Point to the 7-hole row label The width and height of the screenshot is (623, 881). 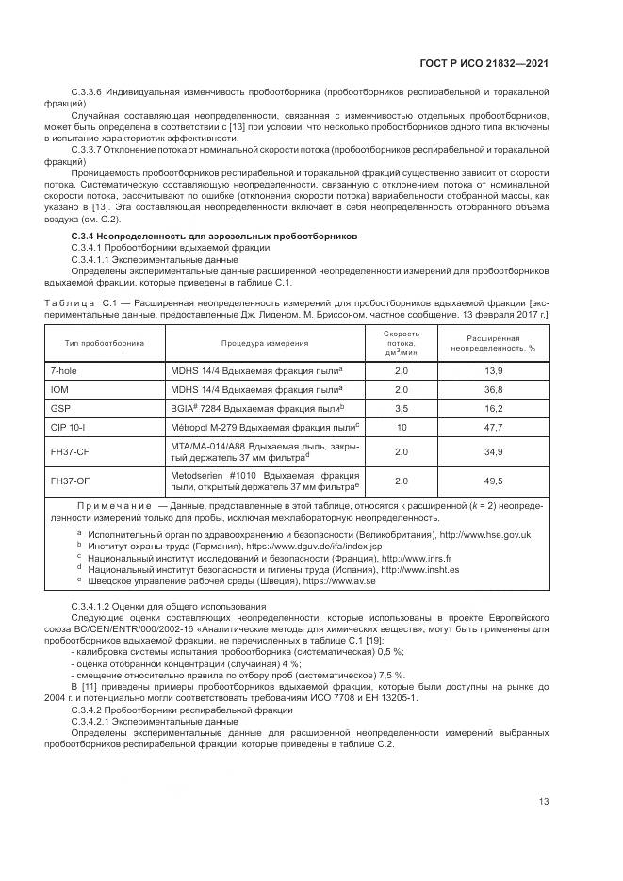[64, 371]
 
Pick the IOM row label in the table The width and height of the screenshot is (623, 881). [59, 389]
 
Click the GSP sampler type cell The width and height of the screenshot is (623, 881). [60, 408]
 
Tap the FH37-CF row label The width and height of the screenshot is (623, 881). [70, 452]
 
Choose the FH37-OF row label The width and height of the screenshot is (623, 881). [70, 481]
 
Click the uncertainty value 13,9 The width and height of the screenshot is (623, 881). [494, 371]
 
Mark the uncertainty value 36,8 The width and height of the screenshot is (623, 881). [494, 389]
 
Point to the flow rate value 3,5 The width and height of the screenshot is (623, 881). [401, 408]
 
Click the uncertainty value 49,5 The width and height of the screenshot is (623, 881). [494, 481]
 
